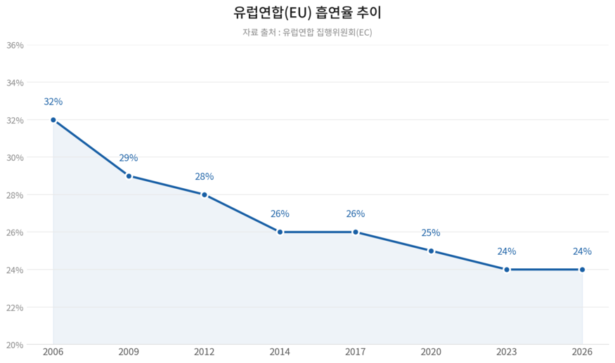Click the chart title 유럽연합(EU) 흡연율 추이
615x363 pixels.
(307, 13)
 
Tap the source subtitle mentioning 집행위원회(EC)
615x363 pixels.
(307, 32)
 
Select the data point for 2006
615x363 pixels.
(53, 120)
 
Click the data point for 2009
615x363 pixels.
(129, 176)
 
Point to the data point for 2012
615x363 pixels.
(205, 194)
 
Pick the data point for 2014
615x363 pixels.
(280, 232)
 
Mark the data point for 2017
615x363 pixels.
(356, 232)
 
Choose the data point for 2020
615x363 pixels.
(431, 251)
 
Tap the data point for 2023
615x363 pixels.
(507, 270)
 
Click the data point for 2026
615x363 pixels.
(582, 270)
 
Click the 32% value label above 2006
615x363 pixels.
(53, 102)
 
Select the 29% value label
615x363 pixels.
(129, 158)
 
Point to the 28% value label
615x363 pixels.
(205, 177)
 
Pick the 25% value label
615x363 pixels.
(431, 233)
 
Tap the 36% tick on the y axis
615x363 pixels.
(15, 45)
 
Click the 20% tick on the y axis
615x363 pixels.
(15, 345)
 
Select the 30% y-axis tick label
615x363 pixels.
(15, 157)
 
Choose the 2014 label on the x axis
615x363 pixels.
(280, 352)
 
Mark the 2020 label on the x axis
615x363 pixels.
(431, 352)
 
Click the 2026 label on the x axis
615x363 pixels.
(582, 352)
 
